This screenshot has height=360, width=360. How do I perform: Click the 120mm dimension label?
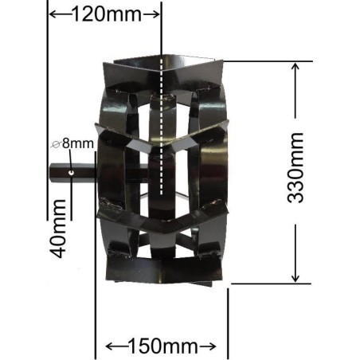[x=104, y=14]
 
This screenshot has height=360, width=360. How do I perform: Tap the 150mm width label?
[x=161, y=346]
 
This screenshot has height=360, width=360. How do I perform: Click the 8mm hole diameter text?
[x=79, y=144]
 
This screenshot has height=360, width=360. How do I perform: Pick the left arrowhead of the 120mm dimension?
[x=53, y=14]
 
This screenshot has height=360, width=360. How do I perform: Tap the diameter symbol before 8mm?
[x=56, y=144]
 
